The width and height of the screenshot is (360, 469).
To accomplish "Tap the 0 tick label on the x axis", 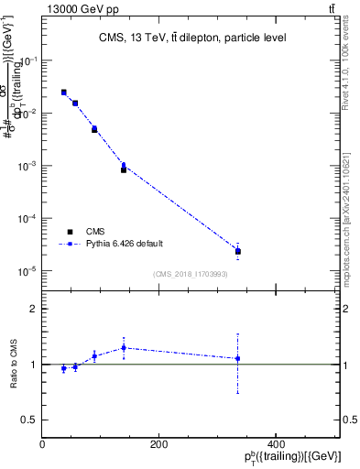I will (42, 445).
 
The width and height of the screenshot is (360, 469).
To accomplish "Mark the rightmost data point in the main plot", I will (238, 251).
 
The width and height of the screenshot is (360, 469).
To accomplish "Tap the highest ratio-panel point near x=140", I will (124, 347).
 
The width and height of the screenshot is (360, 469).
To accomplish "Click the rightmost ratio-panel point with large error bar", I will (238, 358).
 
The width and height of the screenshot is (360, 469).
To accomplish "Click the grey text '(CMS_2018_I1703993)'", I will (191, 274).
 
